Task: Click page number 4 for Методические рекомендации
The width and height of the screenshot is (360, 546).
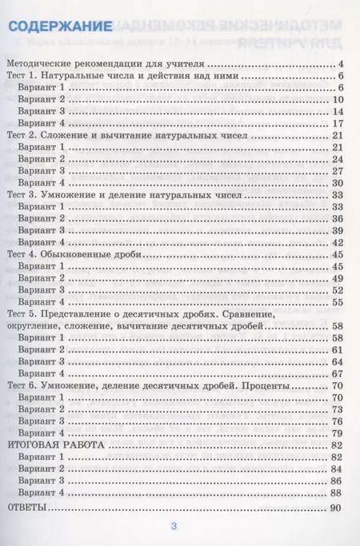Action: tap(340, 63)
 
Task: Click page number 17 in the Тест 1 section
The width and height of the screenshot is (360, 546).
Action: tap(337, 123)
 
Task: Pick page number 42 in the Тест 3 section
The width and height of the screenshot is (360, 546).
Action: tap(337, 242)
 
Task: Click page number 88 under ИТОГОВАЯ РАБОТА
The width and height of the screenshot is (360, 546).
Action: tap(337, 493)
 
